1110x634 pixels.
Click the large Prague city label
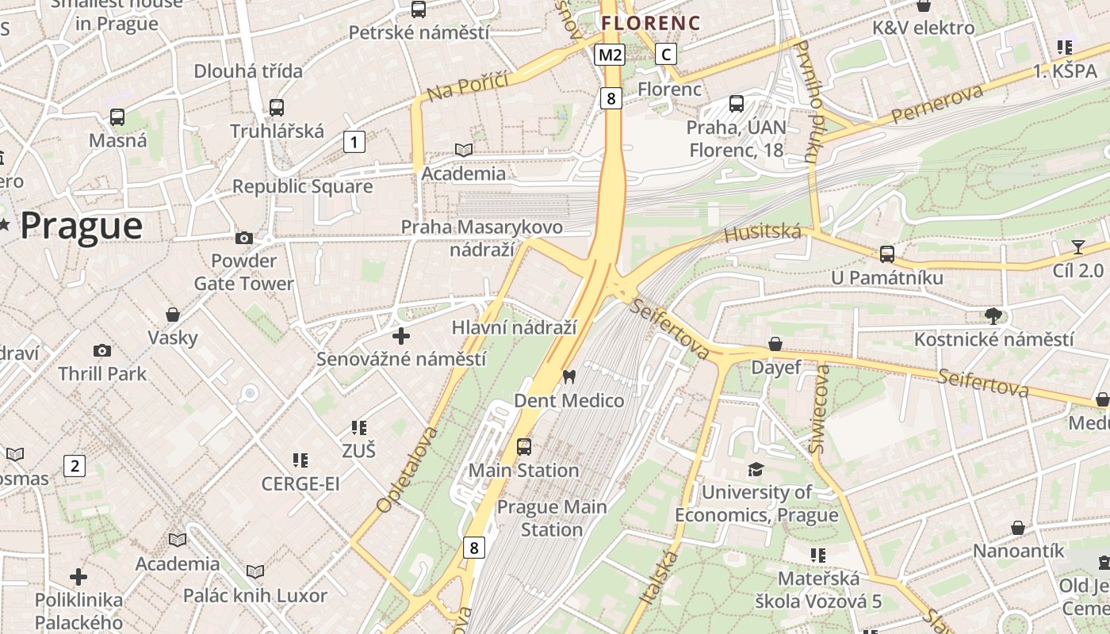click(x=81, y=226)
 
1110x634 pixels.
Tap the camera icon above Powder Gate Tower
click(x=243, y=238)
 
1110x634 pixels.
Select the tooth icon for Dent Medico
click(x=568, y=376)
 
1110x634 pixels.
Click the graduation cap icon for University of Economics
click(x=756, y=470)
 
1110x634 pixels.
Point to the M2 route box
click(x=610, y=55)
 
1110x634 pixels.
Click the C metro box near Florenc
click(x=666, y=54)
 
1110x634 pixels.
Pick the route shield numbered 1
click(x=354, y=143)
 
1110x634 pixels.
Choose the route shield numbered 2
click(x=75, y=466)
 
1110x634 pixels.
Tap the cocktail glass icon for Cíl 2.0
click(x=1077, y=246)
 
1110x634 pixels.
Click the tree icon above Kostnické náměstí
click(x=993, y=316)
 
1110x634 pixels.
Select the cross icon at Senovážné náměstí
click(x=401, y=335)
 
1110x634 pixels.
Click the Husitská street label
click(x=762, y=232)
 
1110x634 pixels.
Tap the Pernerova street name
click(x=936, y=104)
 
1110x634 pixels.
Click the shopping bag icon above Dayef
click(x=775, y=344)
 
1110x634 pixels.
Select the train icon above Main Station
click(x=523, y=446)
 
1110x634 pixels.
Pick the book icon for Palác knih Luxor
click(x=255, y=571)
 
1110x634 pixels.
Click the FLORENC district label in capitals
click(x=650, y=23)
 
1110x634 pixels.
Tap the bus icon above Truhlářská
click(x=276, y=107)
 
